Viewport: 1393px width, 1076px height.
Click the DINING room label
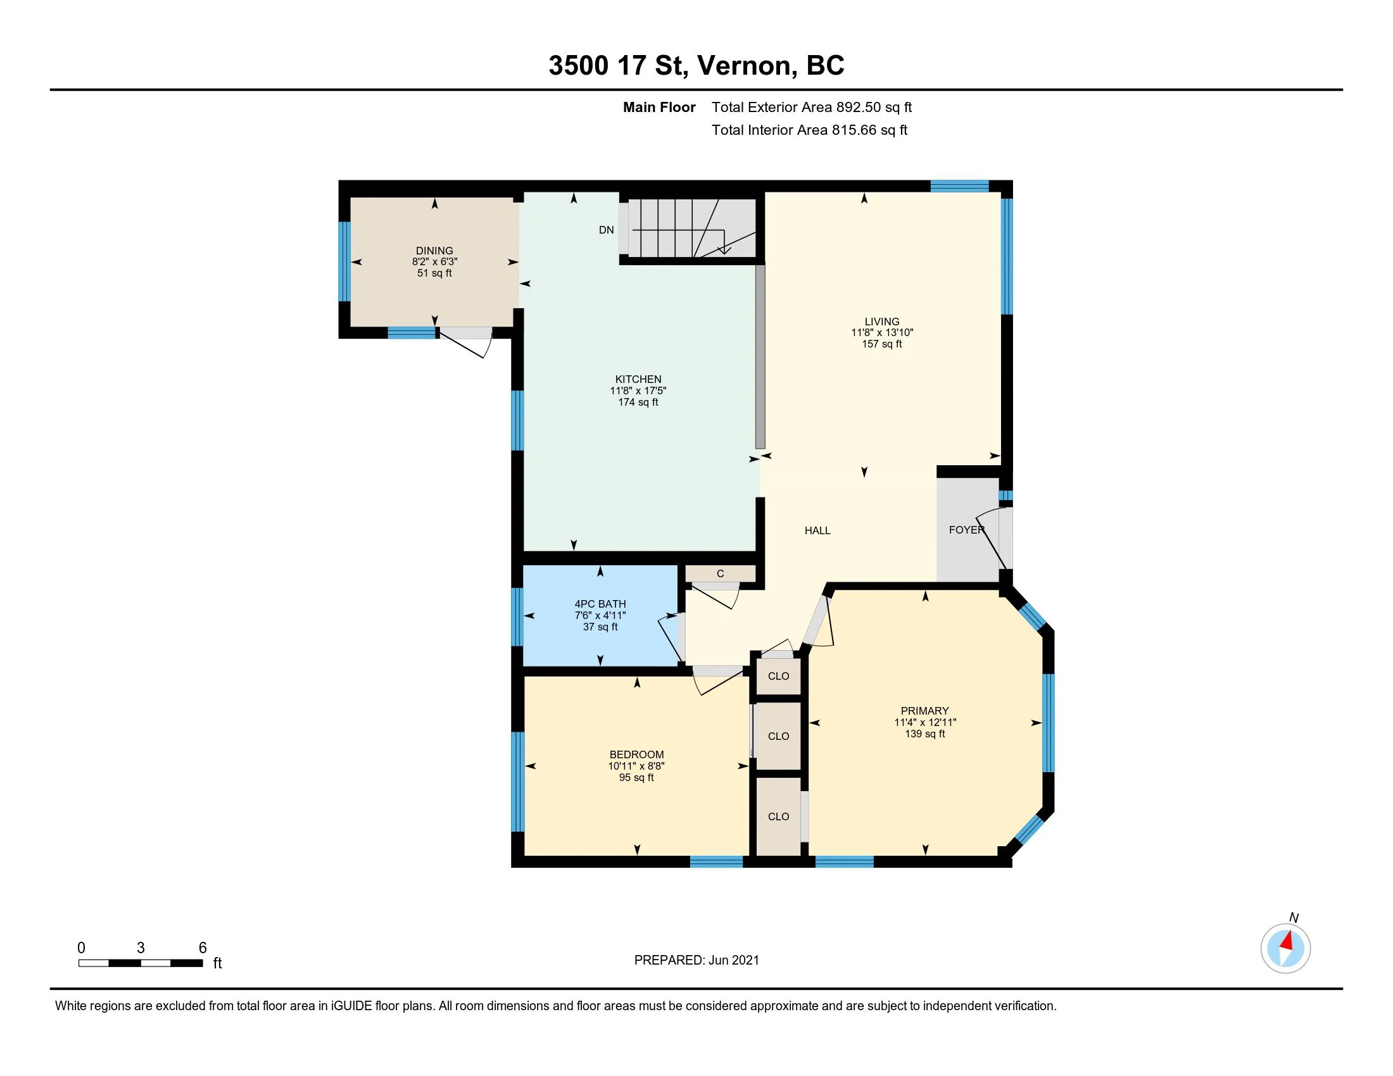[434, 251]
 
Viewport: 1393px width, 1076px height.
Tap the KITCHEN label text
[638, 379]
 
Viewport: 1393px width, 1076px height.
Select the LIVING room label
[882, 322]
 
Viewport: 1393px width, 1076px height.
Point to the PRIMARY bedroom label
[925, 711]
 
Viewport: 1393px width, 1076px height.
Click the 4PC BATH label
[600, 604]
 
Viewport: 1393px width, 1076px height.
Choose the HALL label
[817, 530]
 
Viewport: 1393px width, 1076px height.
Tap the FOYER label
[967, 530]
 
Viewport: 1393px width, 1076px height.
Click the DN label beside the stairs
[606, 230]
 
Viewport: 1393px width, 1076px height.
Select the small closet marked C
[721, 573]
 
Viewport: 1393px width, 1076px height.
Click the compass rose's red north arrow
[1288, 941]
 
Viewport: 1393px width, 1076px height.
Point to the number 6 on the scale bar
[203, 948]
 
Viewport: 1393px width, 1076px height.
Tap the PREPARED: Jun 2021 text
[696, 960]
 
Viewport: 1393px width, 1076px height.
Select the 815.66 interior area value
[854, 130]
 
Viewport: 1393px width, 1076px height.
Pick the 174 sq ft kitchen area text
[638, 402]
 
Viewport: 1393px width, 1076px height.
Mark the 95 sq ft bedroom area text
[636, 778]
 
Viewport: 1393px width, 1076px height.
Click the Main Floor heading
[659, 107]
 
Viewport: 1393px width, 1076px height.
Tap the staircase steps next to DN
[692, 228]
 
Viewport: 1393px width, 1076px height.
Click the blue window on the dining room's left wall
[344, 261]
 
